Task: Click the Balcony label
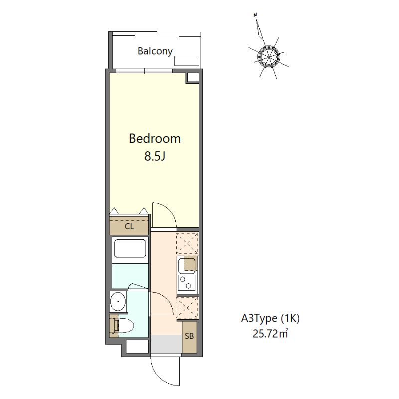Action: [155, 51]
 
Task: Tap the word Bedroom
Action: [155, 139]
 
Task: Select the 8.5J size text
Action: [155, 156]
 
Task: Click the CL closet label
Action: [129, 226]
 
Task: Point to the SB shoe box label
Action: [189, 336]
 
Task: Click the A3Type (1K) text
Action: [270, 318]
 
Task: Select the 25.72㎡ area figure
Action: [270, 333]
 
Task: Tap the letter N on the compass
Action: [255, 15]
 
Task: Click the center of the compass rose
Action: [268, 57]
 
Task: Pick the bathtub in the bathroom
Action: [130, 248]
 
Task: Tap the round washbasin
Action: [118, 301]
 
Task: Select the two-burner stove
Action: [187, 282]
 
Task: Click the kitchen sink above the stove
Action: [187, 265]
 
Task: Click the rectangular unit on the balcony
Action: [187, 61]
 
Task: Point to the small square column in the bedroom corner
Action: [193, 77]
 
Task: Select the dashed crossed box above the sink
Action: [187, 243]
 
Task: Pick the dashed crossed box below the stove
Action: [187, 308]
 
